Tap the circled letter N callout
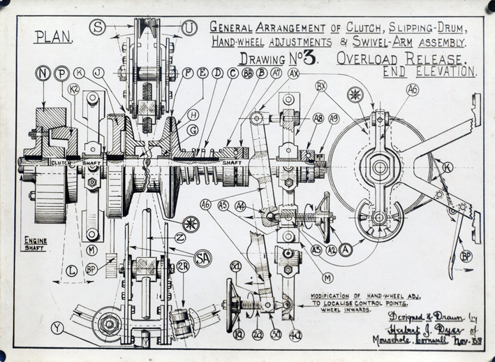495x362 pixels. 45,73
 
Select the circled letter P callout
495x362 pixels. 62,73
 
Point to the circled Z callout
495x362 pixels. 180,237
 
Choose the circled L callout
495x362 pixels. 71,269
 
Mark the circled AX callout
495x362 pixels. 293,73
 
